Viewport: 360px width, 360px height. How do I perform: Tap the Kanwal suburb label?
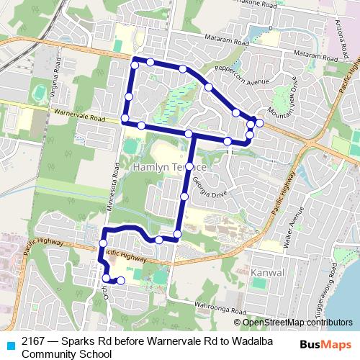click(x=270, y=273)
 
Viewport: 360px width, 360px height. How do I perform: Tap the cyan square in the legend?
click(x=10, y=342)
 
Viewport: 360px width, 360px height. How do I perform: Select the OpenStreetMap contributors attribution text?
click(x=297, y=322)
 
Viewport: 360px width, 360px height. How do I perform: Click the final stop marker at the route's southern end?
click(x=121, y=281)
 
